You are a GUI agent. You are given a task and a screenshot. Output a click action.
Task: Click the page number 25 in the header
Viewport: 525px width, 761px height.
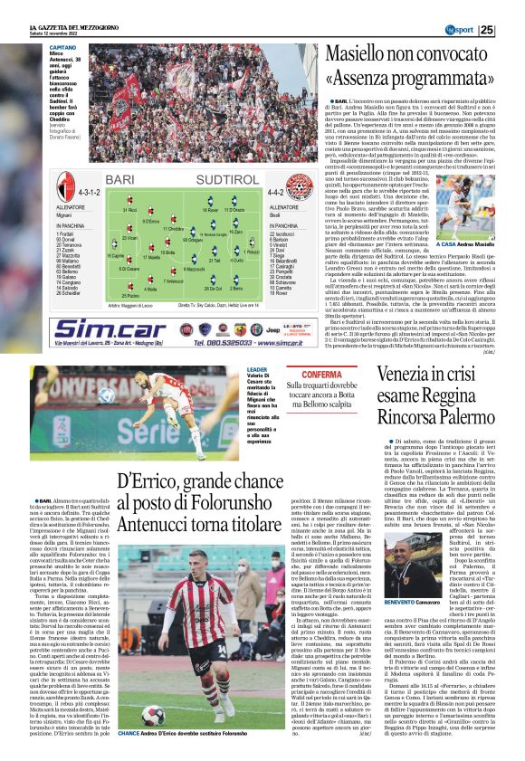(511, 28)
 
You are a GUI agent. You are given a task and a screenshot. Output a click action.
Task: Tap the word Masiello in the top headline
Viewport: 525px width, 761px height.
(367, 53)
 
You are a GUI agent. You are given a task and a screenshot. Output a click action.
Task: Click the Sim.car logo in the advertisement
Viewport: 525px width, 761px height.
(110, 330)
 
